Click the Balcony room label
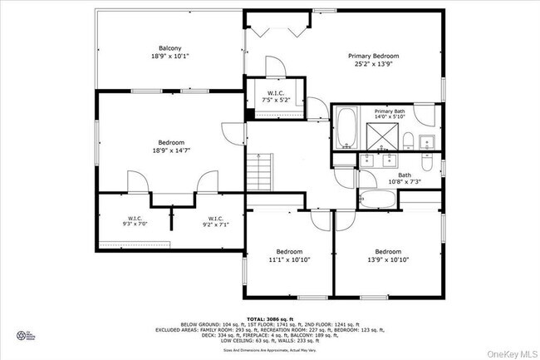[x=170, y=47]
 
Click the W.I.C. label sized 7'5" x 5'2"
[x=276, y=96]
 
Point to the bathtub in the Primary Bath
[x=346, y=130]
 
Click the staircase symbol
[x=261, y=172]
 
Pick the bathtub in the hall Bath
[x=379, y=198]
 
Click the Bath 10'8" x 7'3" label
[x=405, y=178]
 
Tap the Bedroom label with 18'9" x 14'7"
[x=170, y=146]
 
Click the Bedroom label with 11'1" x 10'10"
[x=289, y=255]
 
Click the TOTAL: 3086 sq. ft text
[x=269, y=318]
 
